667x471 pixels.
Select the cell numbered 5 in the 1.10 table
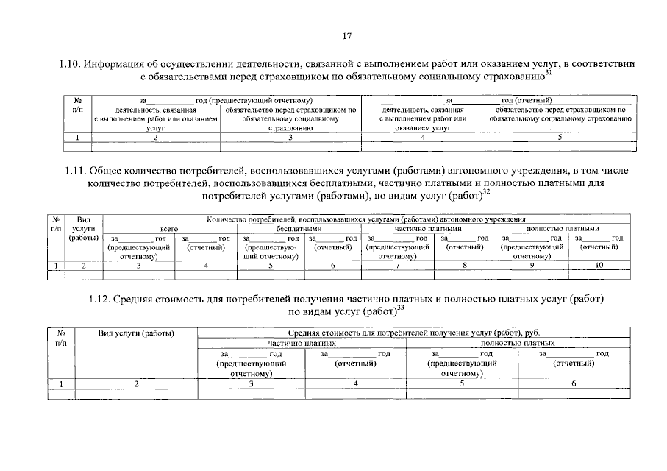coord(560,137)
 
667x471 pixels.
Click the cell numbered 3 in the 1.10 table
coord(290,137)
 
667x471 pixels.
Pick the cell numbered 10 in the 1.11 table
coord(599,266)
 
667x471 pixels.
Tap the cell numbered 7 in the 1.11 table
coord(397,266)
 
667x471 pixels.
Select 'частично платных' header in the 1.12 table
coord(302,343)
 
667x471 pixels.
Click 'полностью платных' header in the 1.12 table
coord(518,343)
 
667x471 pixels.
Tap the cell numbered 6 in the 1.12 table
coord(574,383)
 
